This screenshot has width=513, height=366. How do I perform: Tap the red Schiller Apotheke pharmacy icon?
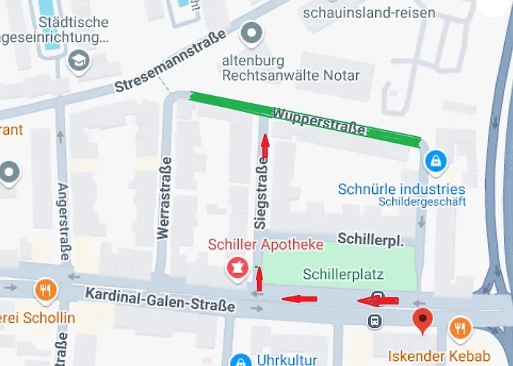pos(237,266)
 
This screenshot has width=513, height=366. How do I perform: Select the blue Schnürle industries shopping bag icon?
pos(436,159)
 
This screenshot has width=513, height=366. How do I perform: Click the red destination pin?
pos(421,320)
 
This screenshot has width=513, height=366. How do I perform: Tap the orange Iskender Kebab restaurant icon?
pos(460,329)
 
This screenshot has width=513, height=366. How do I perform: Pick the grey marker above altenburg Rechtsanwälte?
pos(252,33)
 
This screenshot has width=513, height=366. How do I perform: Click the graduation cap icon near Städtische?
pos(78,61)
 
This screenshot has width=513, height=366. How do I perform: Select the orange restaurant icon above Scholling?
pos(45,290)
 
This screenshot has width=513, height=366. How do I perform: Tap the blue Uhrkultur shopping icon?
pos(240,360)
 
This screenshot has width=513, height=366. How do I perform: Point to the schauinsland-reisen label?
pos(369,12)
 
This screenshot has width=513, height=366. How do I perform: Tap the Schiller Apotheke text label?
pos(265,244)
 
